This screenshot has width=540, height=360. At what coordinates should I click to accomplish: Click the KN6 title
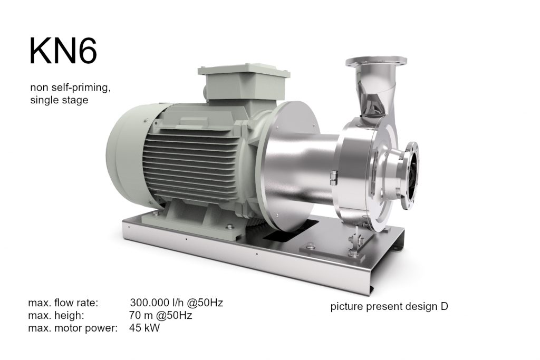point(63,51)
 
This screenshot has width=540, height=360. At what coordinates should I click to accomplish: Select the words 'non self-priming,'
point(70,87)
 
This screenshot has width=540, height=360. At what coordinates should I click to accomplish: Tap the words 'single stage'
point(59,100)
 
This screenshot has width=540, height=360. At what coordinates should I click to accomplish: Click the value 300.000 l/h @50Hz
point(176,303)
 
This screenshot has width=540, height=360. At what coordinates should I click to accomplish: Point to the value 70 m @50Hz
point(160,316)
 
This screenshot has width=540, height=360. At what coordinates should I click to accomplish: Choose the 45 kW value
point(144,328)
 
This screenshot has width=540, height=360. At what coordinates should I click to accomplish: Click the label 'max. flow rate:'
point(63,303)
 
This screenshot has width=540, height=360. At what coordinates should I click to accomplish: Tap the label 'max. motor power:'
point(73,328)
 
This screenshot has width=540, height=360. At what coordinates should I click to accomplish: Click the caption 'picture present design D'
point(389,306)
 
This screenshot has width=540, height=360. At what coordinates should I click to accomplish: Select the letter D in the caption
point(444,306)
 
